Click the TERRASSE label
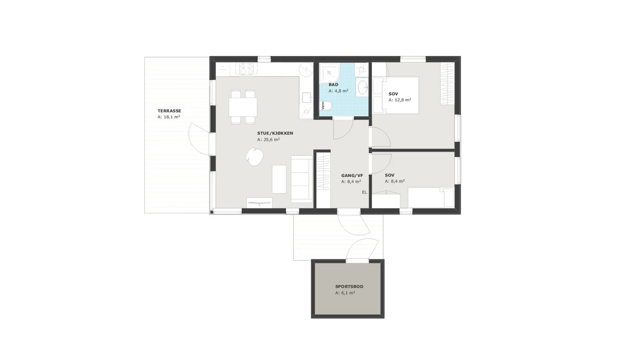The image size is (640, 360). [170, 111]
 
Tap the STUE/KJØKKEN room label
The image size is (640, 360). [275, 134]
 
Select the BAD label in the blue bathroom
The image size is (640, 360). [334, 84]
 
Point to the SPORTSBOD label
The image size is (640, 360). [349, 286]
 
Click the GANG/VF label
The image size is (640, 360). [352, 176]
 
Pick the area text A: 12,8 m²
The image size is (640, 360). [400, 100]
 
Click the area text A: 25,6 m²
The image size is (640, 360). [268, 140]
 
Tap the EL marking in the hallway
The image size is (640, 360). [364, 192]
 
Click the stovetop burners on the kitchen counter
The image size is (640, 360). [246, 69]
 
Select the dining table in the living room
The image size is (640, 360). [243, 107]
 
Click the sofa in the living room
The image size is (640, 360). [302, 179]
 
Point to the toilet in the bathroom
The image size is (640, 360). [326, 106]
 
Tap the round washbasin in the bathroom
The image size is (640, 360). [363, 87]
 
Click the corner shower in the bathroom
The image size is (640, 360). [330, 73]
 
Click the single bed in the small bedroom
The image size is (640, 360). [430, 198]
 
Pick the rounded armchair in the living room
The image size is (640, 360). [254, 156]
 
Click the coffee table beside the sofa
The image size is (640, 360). [279, 179]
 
